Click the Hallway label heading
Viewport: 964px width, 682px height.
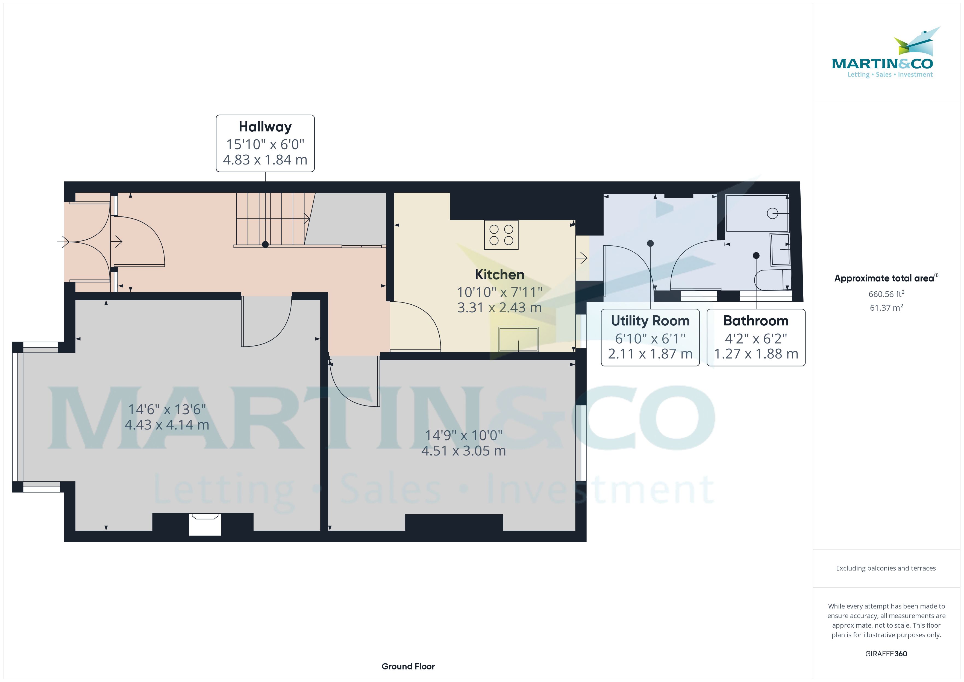[265, 127]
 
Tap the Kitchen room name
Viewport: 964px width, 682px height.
[499, 275]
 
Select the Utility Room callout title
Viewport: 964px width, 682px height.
[650, 321]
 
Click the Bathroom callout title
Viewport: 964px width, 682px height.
[756, 321]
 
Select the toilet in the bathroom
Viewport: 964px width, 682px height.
[772, 280]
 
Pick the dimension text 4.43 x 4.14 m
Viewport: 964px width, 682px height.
[167, 425]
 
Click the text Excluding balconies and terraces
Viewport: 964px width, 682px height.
[886, 568]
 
